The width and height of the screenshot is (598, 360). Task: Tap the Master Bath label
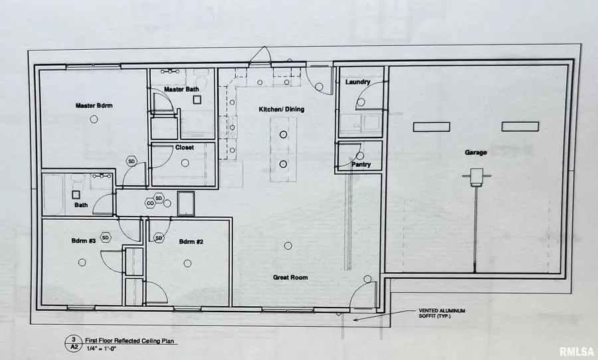(181, 89)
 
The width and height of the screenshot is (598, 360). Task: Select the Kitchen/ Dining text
(282, 109)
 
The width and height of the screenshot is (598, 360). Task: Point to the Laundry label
(357, 82)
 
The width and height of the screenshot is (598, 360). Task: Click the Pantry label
(361, 164)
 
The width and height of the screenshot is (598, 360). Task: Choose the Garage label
(476, 152)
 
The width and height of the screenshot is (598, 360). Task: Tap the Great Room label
(290, 278)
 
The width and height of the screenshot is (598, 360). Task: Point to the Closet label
(184, 147)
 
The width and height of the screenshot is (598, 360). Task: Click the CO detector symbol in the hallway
(151, 204)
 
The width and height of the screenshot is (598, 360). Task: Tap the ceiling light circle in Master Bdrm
(94, 118)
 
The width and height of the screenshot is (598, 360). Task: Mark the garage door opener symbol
(476, 177)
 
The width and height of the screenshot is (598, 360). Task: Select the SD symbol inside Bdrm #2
(159, 238)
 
